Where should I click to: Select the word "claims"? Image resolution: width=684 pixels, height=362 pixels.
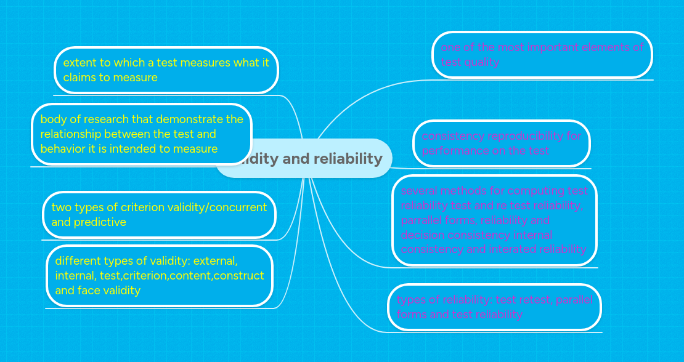coord(79,78)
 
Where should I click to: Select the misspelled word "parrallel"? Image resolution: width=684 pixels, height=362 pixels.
coord(421,220)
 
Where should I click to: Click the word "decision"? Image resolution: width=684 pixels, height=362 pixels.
coord(422,235)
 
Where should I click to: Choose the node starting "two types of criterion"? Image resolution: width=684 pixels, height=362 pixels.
coord(159,215)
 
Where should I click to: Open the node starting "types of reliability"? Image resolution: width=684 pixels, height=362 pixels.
coord(494,307)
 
